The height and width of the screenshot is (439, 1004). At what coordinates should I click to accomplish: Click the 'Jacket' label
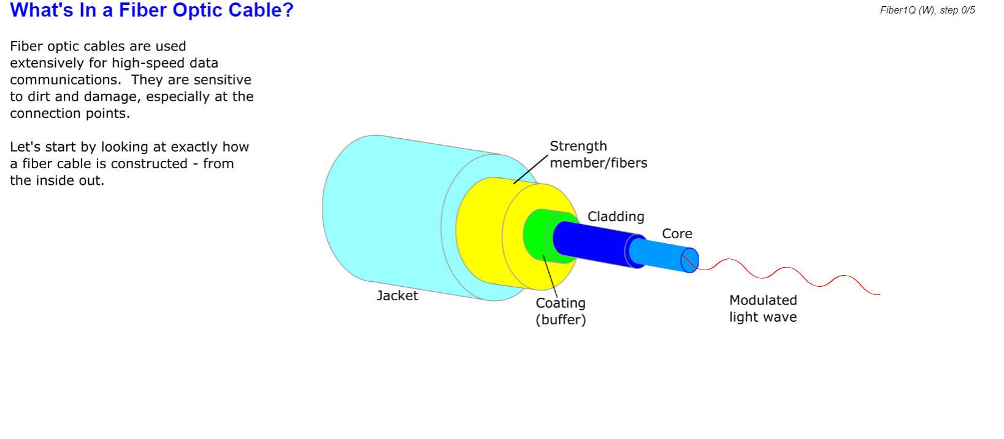tap(397, 295)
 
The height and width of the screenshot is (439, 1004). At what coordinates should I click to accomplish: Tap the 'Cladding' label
tap(616, 217)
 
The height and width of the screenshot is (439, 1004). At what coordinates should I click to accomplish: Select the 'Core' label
tap(676, 234)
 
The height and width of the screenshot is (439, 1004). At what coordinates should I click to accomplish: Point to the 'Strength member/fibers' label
tap(598, 155)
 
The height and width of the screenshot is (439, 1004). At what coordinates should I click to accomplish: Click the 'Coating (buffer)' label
tap(561, 311)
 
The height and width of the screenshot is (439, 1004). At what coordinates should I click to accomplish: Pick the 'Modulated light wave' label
tap(762, 308)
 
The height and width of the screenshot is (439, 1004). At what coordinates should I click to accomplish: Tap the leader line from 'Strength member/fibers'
tap(531, 169)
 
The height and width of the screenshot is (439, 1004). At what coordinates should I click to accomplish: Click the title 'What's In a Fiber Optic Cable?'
tap(151, 10)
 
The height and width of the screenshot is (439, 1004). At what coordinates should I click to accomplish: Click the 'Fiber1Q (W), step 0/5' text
tap(927, 10)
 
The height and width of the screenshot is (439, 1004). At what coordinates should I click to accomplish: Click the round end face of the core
tap(690, 260)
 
